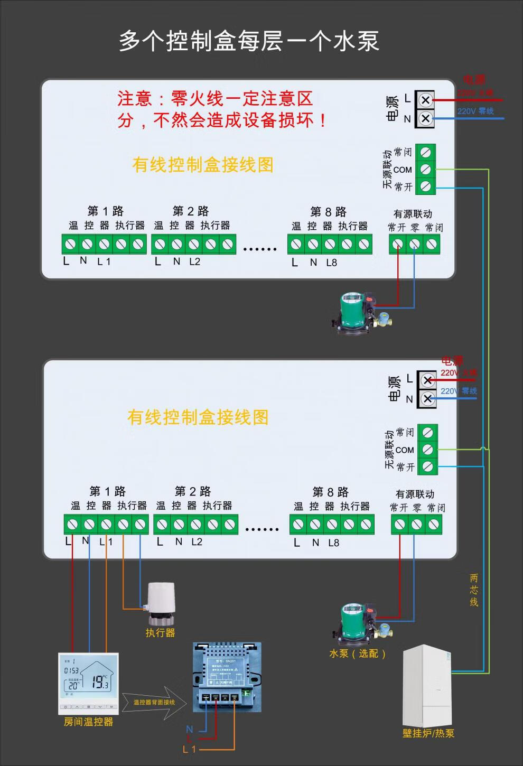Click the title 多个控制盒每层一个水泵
click(249, 41)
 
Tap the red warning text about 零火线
click(222, 109)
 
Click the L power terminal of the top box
click(425, 100)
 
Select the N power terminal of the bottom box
click(427, 398)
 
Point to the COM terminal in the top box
click(425, 170)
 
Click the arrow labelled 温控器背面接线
click(155, 702)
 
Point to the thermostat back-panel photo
click(227, 676)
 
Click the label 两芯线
click(474, 590)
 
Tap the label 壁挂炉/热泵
click(428, 733)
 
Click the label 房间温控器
click(88, 722)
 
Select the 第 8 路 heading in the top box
click(329, 212)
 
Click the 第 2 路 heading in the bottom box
click(193, 492)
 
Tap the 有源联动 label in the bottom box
click(415, 494)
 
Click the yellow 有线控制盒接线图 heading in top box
click(203, 165)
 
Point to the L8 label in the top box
click(331, 262)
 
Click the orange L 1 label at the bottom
click(189, 749)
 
